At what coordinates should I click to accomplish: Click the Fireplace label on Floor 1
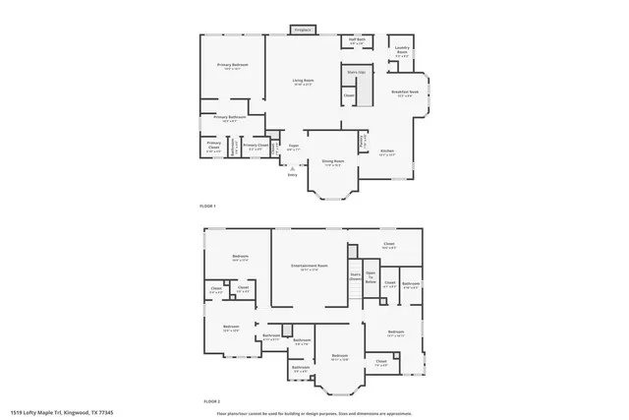306,30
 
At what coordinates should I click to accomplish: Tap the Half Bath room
357,42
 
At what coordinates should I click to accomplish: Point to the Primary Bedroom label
232,66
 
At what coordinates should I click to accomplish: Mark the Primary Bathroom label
228,118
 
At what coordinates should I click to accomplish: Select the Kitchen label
387,151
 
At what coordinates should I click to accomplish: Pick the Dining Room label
332,161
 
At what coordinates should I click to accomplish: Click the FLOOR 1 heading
207,206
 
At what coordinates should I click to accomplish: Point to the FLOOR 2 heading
211,401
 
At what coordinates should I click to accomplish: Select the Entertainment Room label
309,267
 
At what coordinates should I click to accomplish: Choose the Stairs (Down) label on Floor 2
356,276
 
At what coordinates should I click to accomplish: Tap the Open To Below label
372,275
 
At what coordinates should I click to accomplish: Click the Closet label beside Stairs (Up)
349,95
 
